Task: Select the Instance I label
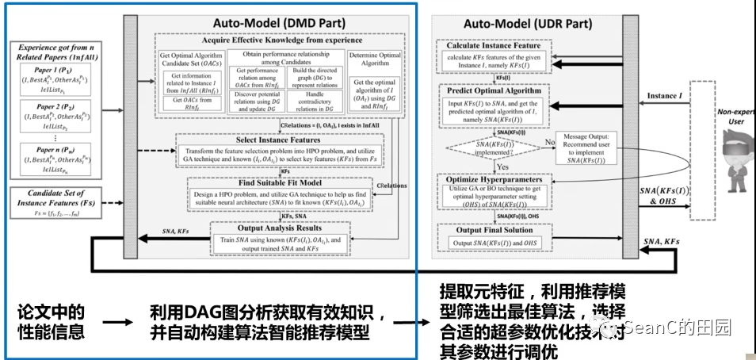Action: pos(662,96)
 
